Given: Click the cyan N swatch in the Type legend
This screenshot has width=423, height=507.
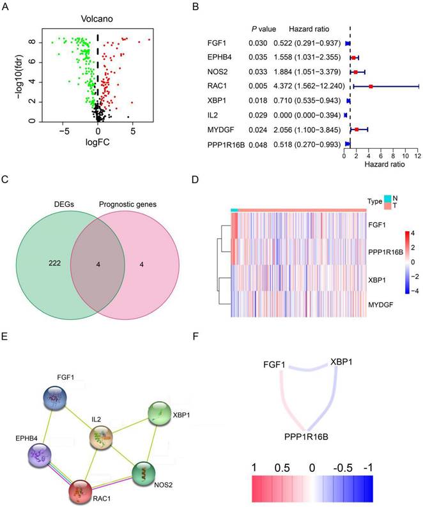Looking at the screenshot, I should click(x=388, y=197).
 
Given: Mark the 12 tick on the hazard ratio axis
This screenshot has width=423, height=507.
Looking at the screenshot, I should click(x=418, y=156).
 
